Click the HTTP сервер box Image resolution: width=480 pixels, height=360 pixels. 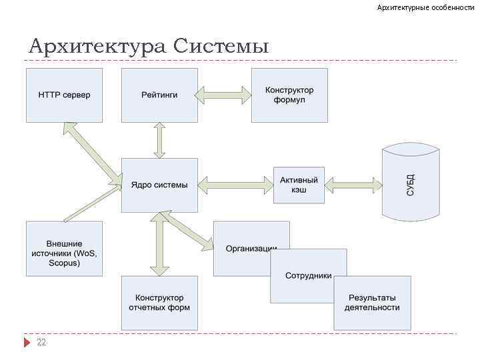(65, 95)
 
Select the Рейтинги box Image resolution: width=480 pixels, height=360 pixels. (159, 95)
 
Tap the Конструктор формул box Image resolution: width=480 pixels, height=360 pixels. (289, 95)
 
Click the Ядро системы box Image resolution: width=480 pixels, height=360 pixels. (159, 185)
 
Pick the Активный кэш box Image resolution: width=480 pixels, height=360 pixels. (299, 185)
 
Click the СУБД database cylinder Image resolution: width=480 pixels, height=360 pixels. (411, 183)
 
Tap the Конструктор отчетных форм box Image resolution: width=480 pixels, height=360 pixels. (159, 303)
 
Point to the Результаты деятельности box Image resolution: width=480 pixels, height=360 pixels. (372, 303)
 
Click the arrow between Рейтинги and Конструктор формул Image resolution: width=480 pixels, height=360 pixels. (224, 95)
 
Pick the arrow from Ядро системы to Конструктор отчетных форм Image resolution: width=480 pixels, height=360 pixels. (159, 244)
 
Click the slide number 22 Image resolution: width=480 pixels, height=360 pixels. (41, 342)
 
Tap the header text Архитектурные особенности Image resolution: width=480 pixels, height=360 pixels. (425, 7)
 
